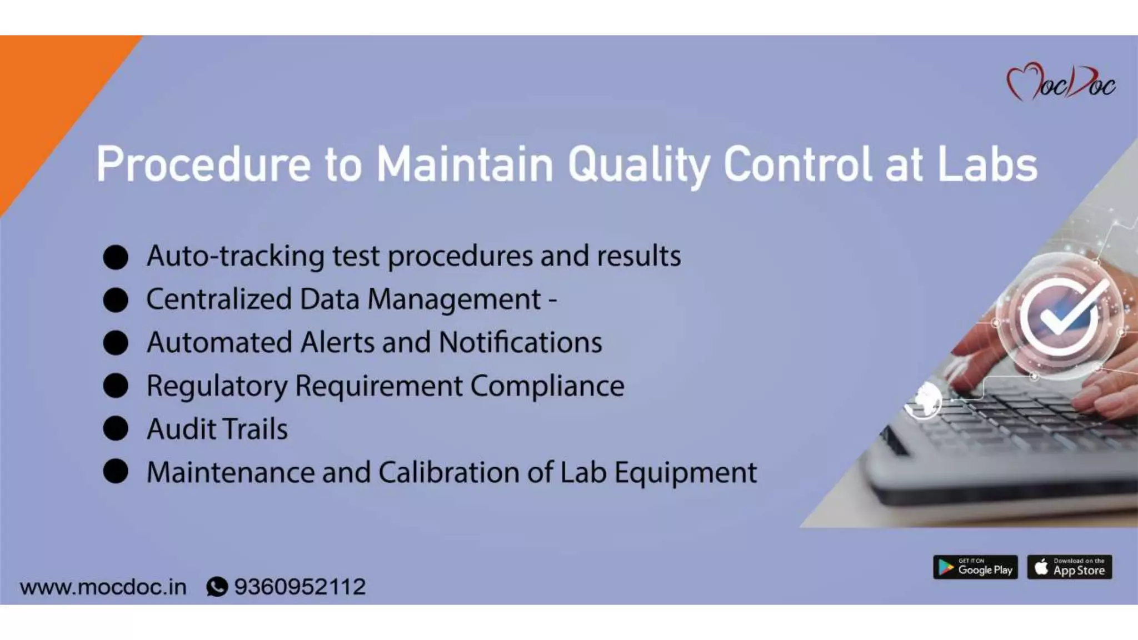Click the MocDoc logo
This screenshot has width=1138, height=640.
(1060, 82)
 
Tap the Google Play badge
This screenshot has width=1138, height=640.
(975, 567)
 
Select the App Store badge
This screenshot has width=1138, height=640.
(1070, 567)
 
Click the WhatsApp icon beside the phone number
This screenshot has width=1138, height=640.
(217, 587)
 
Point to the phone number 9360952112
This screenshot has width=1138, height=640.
(300, 587)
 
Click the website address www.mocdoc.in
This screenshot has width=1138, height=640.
(103, 587)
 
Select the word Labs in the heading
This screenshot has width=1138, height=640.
(987, 164)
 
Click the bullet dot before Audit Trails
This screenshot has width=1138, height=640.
(116, 429)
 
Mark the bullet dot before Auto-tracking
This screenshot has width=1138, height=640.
(116, 257)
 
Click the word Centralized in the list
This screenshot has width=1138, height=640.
(218, 299)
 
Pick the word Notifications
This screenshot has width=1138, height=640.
(520, 342)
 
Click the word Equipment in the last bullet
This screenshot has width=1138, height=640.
(685, 473)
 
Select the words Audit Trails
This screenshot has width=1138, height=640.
(217, 429)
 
